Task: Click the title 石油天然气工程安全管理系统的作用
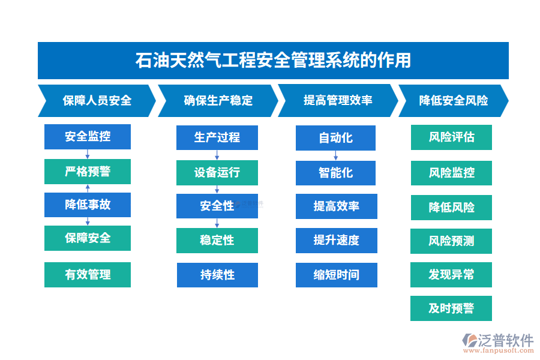(273, 61)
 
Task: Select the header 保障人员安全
(97, 101)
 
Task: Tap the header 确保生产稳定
(217, 101)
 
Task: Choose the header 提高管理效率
(337, 101)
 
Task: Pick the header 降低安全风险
(453, 101)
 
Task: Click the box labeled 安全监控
(88, 137)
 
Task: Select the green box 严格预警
(88, 172)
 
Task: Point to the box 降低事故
(88, 205)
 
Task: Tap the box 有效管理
(88, 275)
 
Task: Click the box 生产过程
(217, 137)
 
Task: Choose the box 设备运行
(217, 173)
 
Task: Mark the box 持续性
(217, 275)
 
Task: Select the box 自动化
(335, 138)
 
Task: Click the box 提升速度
(336, 241)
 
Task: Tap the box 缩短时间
(336, 275)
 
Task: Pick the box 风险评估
(451, 137)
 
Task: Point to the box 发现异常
(451, 274)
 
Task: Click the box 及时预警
(451, 308)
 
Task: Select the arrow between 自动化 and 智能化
(336, 155)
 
